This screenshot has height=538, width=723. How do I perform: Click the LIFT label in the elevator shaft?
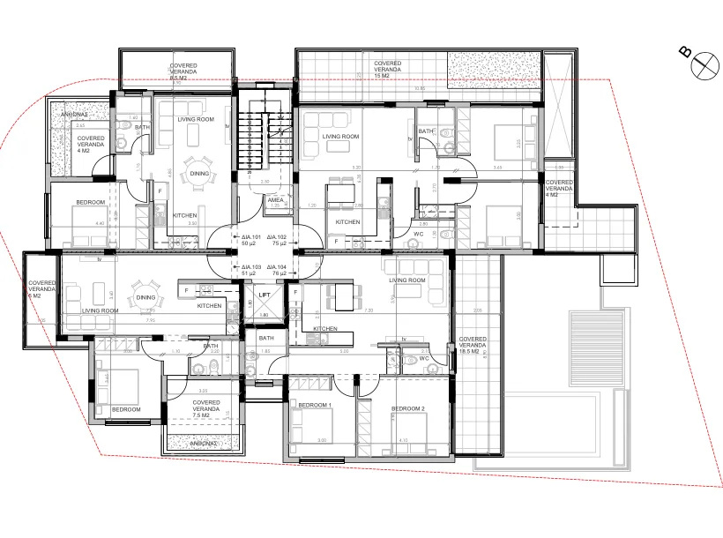(264, 296)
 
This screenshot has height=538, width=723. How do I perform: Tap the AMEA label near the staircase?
(275, 202)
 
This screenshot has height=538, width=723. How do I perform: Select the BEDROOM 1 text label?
(315, 405)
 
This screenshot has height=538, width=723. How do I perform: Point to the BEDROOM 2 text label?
(409, 408)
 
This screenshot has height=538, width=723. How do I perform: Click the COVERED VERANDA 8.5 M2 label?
(184, 72)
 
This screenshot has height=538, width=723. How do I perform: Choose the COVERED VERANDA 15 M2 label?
(387, 70)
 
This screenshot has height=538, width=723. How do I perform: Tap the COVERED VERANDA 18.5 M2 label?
(473, 345)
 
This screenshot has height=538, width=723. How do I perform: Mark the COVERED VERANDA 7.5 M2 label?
(205, 406)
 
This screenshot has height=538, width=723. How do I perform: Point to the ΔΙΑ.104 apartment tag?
(278, 270)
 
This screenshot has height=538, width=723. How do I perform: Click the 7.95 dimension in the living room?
(150, 320)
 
